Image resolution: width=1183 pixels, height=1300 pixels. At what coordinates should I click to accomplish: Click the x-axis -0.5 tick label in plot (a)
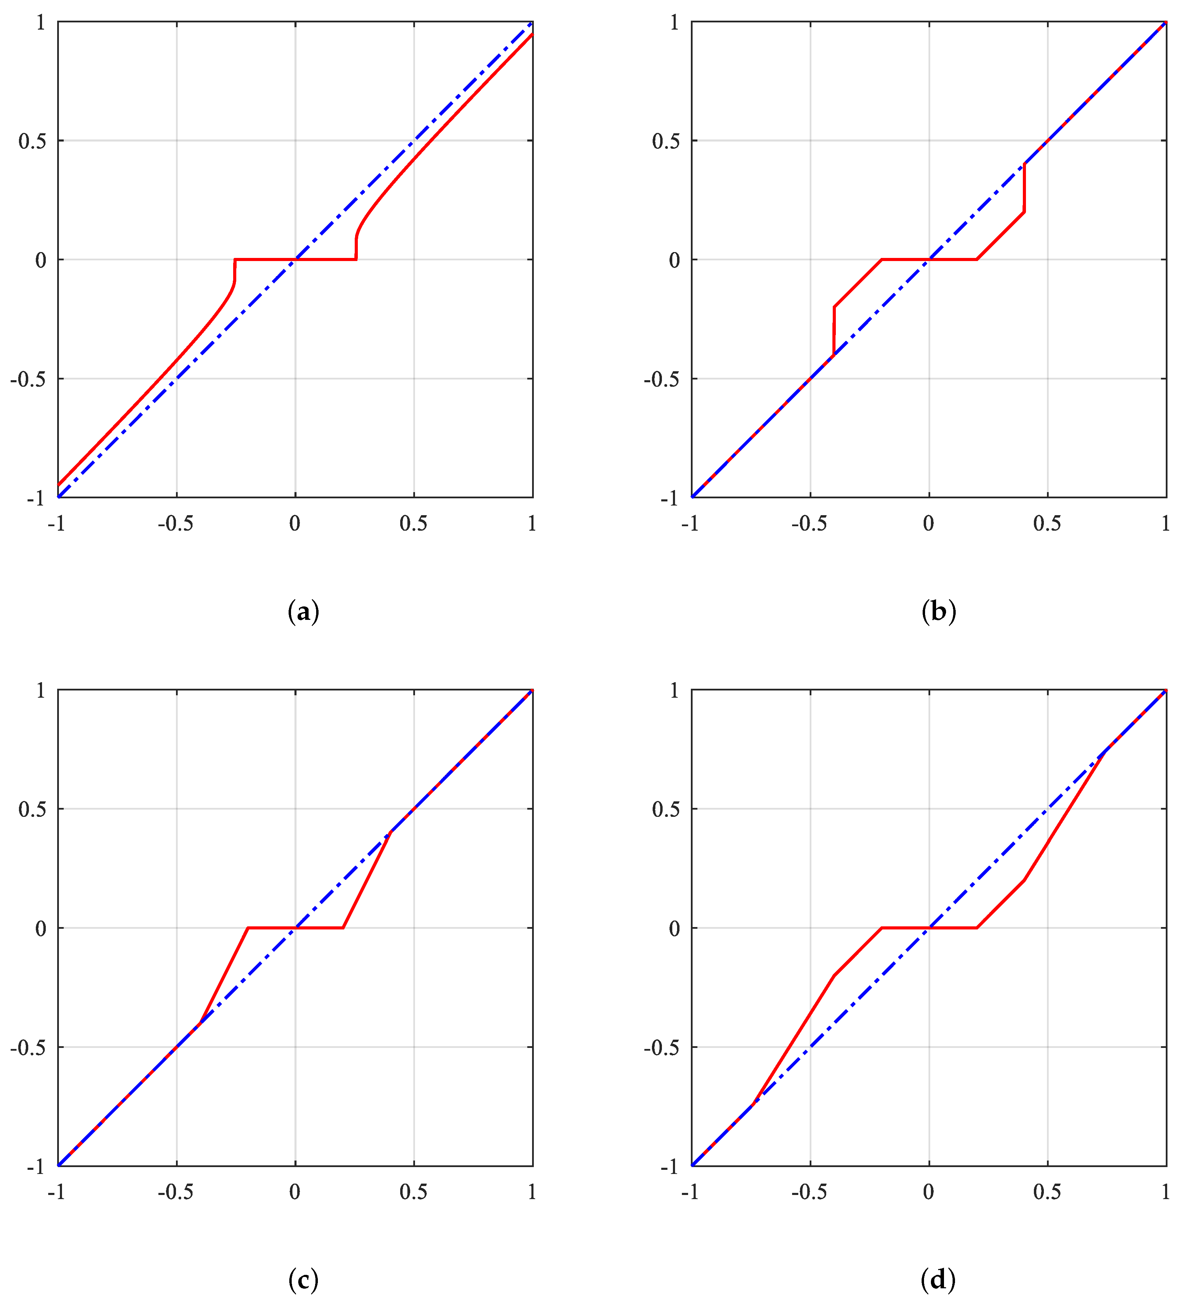point(175,523)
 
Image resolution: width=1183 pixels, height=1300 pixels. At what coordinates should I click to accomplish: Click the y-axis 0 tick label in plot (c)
point(41,928)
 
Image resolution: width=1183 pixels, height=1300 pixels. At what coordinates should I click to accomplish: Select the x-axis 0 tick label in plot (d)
point(928,1192)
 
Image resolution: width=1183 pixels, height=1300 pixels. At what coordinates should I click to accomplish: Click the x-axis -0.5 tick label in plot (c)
point(175,1192)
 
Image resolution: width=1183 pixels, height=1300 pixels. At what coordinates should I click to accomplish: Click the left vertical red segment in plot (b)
point(834,330)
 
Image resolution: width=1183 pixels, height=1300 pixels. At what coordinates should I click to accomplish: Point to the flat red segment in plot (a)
point(295,259)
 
